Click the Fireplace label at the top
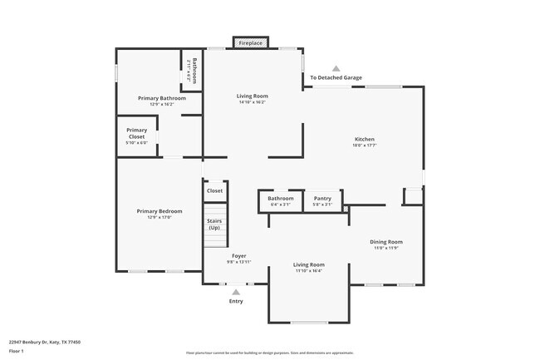click(x=250, y=42)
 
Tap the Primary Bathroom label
click(x=161, y=98)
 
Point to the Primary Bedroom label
click(x=159, y=211)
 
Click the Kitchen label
click(x=365, y=139)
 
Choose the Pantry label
click(x=322, y=199)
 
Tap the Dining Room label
click(x=386, y=242)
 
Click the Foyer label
click(x=238, y=256)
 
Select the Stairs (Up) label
click(x=214, y=224)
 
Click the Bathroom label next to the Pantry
click(x=281, y=199)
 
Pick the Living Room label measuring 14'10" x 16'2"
click(x=253, y=96)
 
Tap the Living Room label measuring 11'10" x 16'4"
click(x=309, y=264)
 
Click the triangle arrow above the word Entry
click(x=237, y=292)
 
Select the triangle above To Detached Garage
click(x=336, y=68)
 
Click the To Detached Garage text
click(x=336, y=78)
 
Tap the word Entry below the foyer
click(x=237, y=301)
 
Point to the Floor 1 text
click(x=16, y=351)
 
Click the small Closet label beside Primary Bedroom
click(x=214, y=191)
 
